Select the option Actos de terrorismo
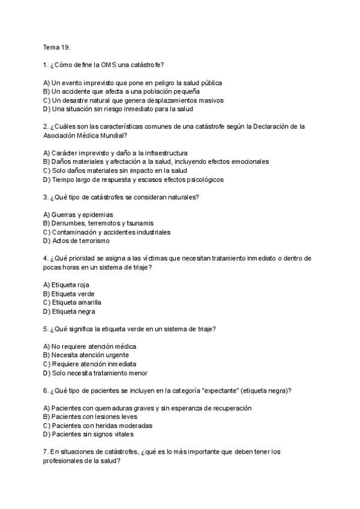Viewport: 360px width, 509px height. pyautogui.click(x=76, y=241)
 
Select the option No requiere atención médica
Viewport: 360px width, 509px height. pyautogui.click(x=89, y=346)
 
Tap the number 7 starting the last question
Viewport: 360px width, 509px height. pyautogui.click(x=45, y=451)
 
